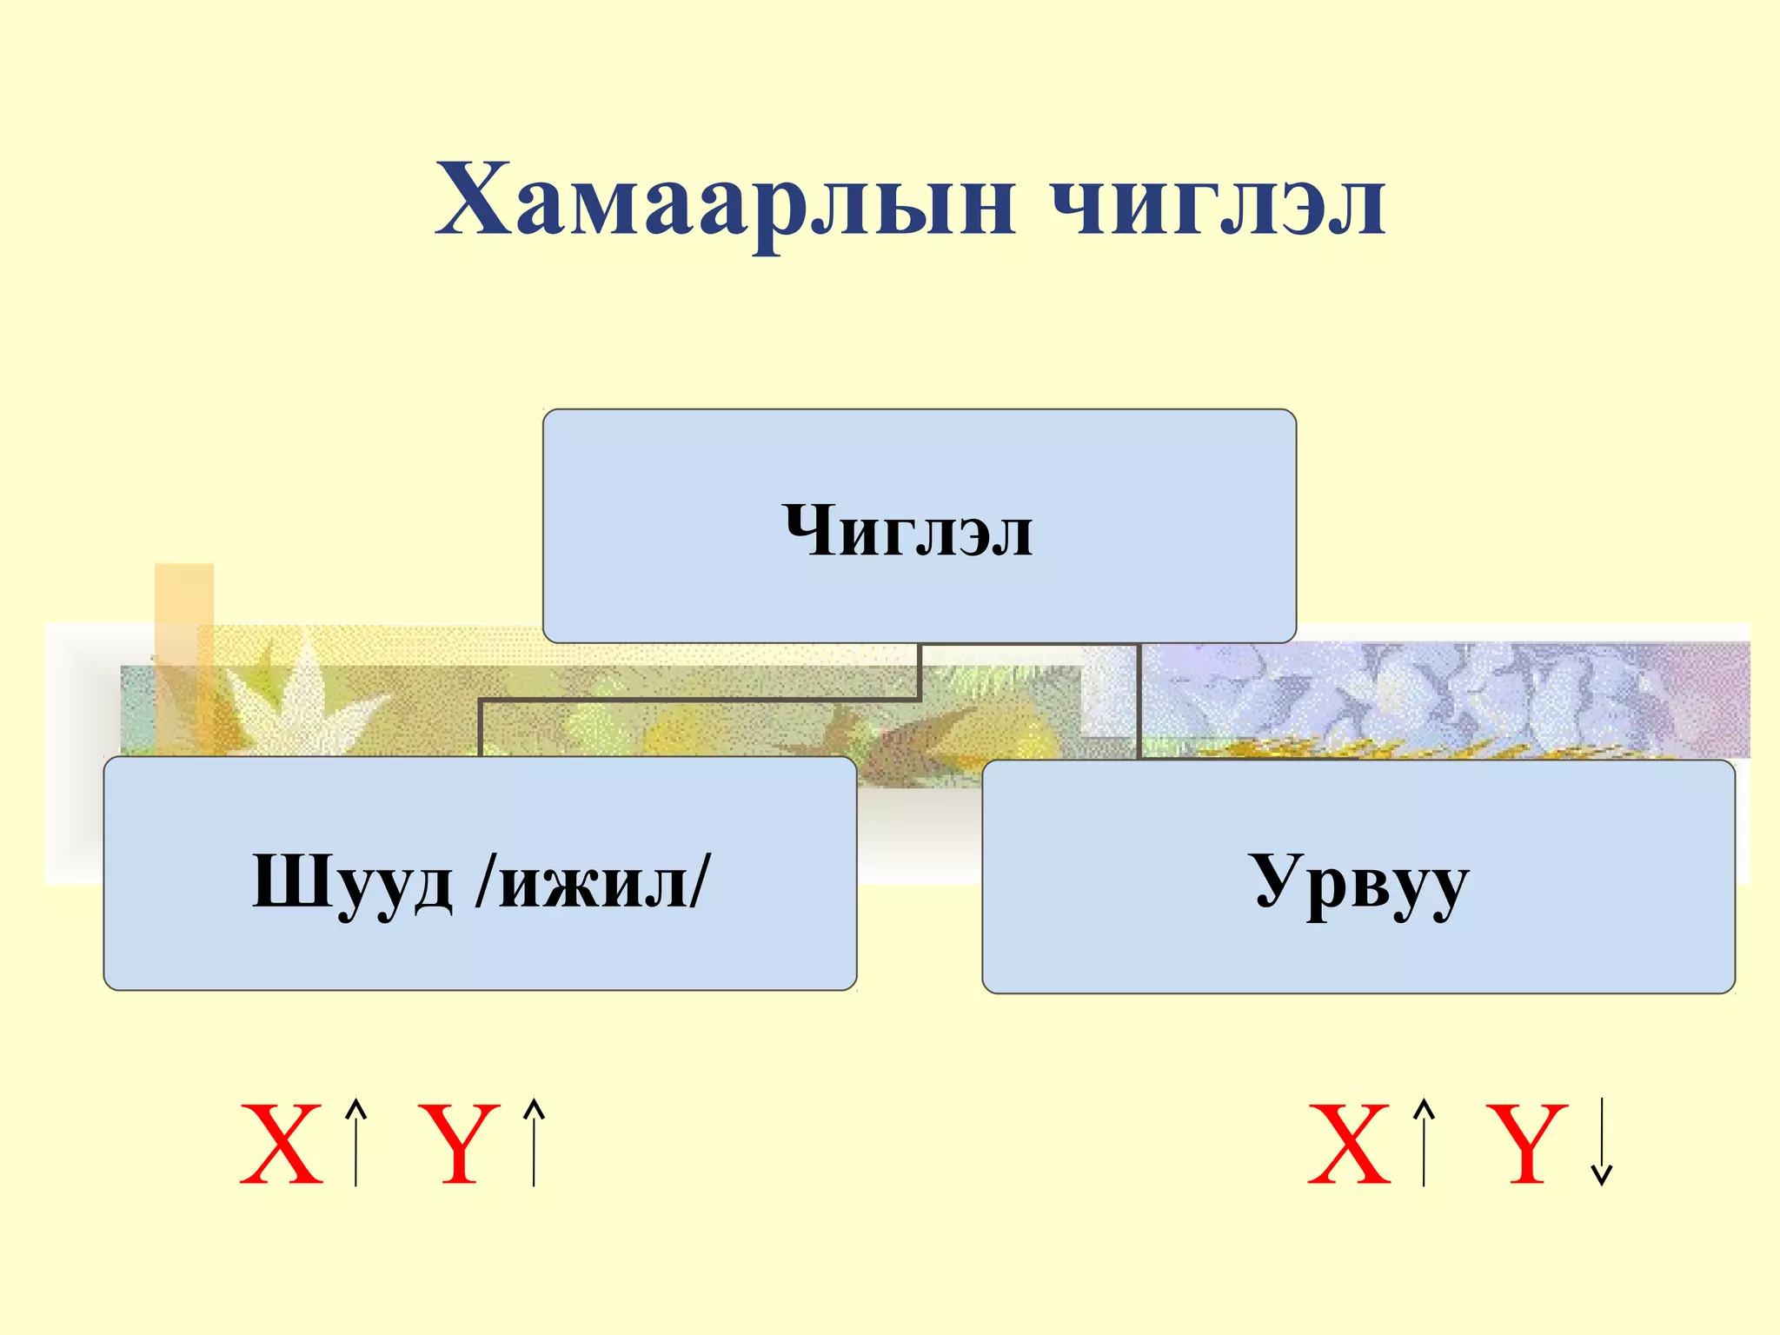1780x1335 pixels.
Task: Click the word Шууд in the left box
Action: (x=352, y=883)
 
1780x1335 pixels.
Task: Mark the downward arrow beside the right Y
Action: (x=1601, y=1142)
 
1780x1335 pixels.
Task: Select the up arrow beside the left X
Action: (x=355, y=1142)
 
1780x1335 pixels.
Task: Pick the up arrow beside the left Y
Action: (x=534, y=1142)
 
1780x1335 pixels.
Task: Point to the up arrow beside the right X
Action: (x=1423, y=1142)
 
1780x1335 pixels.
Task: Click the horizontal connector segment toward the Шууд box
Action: (x=699, y=699)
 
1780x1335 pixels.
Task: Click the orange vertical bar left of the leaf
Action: (x=183, y=652)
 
